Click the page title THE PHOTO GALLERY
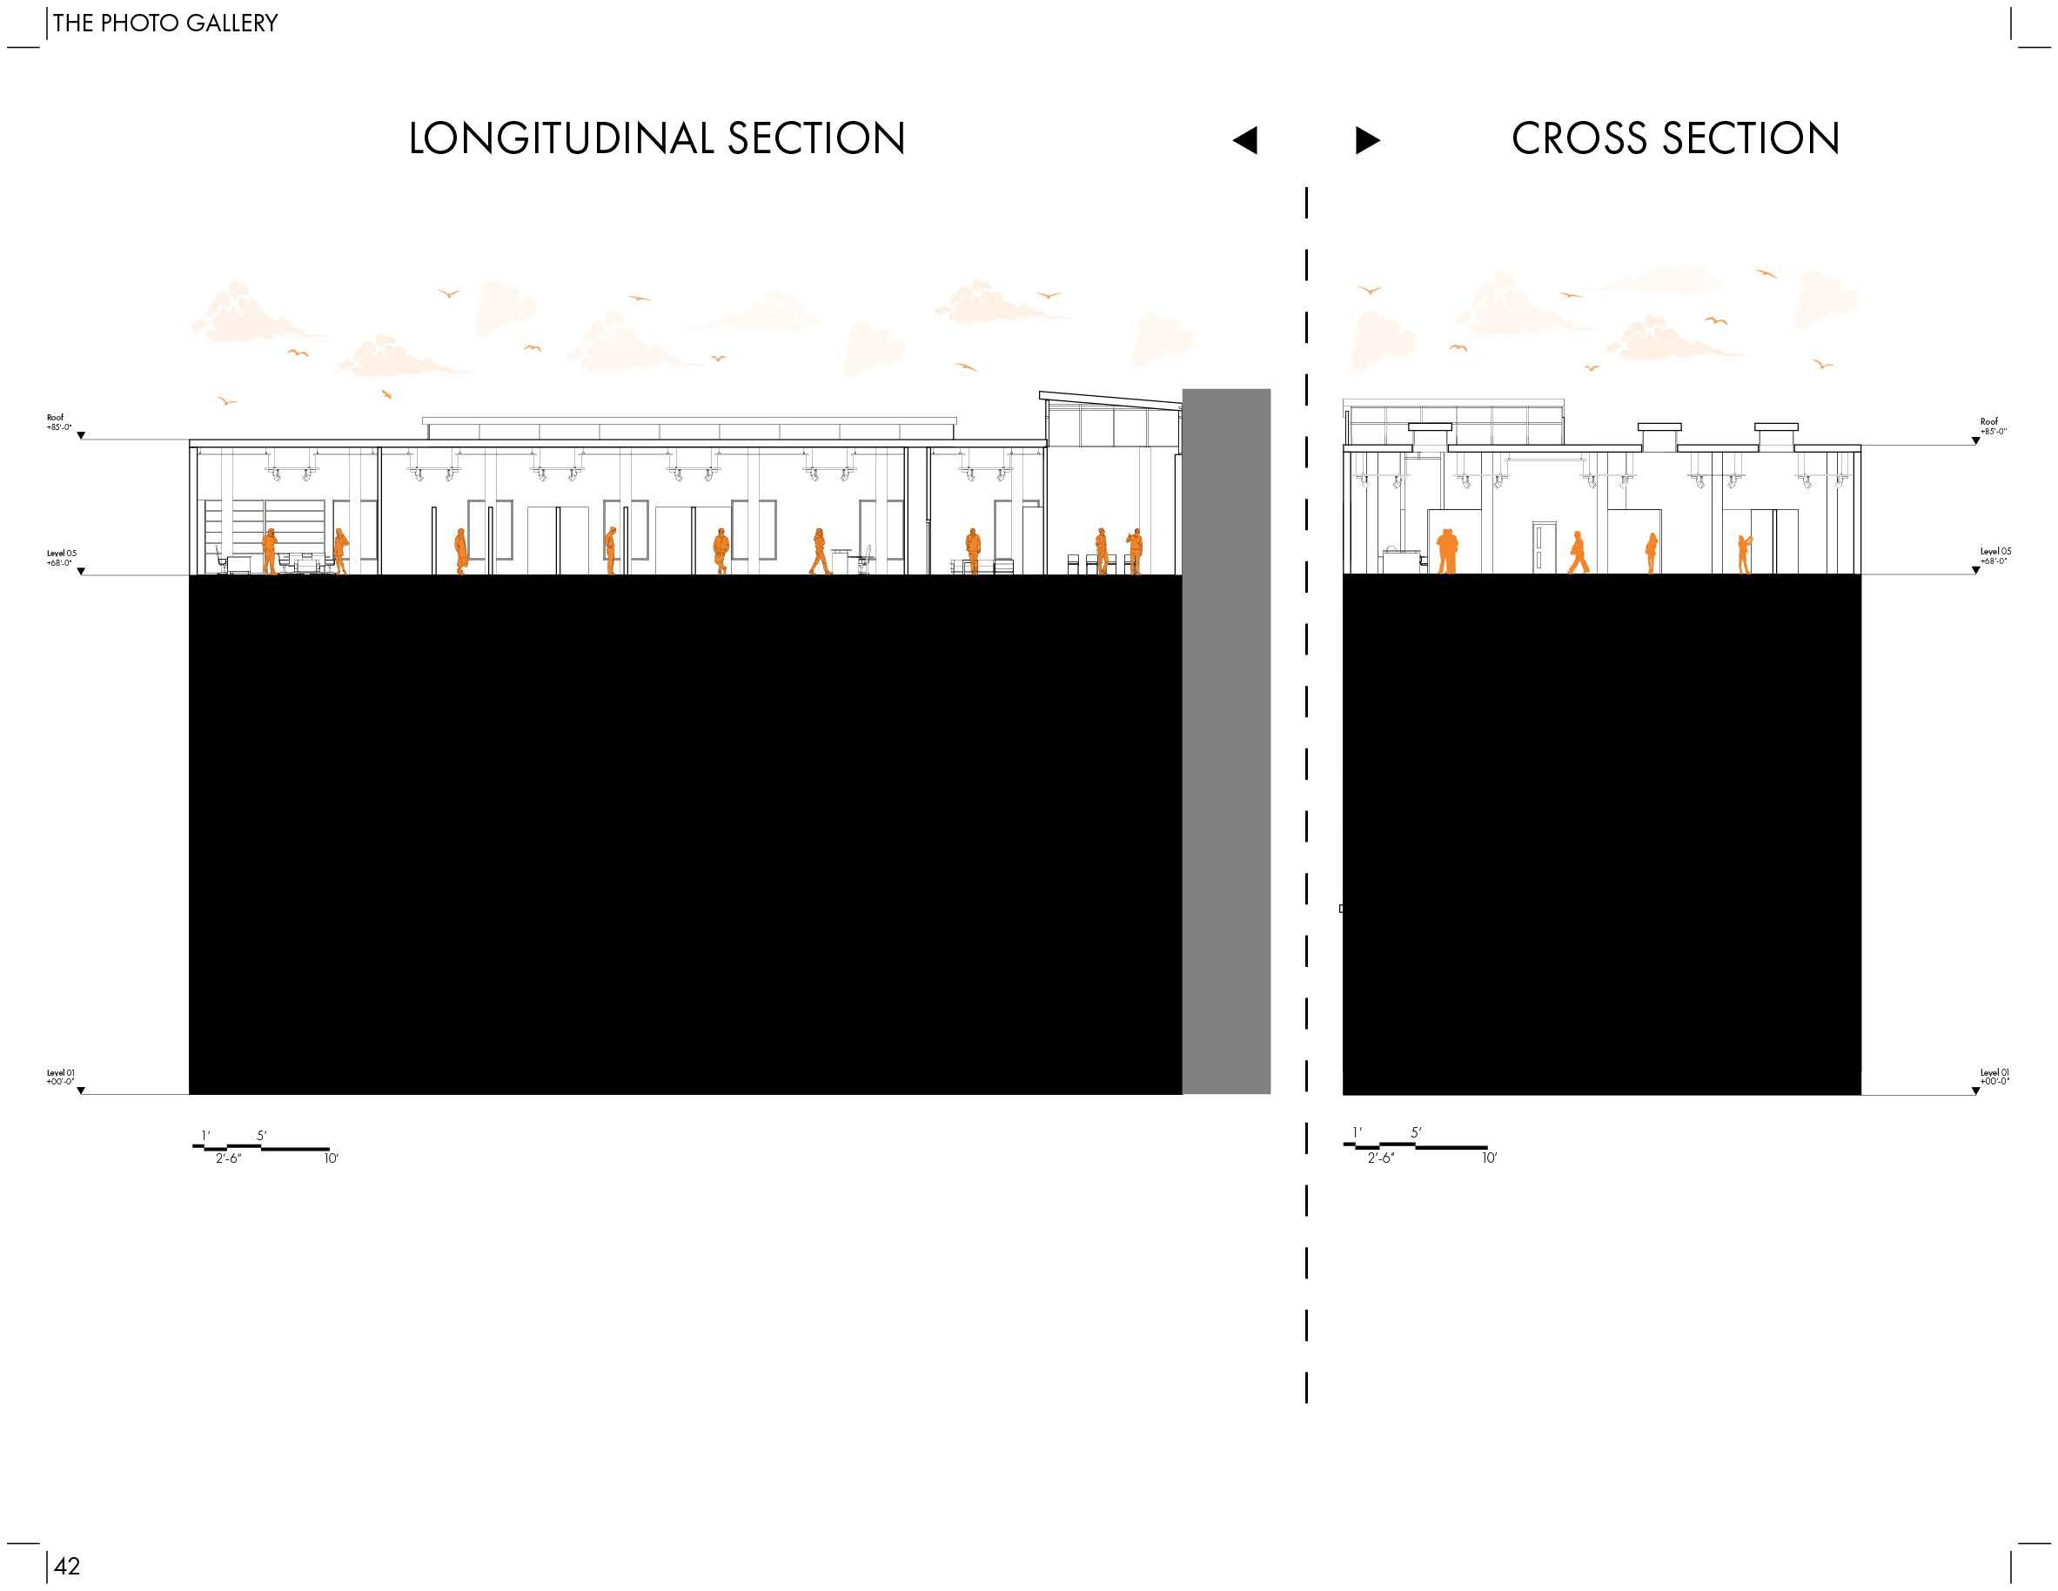tap(165, 23)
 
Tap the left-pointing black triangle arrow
tap(1244, 140)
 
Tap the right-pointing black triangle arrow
tap(1367, 140)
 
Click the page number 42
tap(67, 1566)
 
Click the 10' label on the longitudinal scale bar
tap(331, 1158)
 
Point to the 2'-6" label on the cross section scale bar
tap(1380, 1158)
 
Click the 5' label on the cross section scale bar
tap(1415, 1133)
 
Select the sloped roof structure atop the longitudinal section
tap(1111, 401)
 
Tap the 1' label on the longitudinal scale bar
tap(205, 1136)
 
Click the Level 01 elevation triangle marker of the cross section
tap(1975, 1091)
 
